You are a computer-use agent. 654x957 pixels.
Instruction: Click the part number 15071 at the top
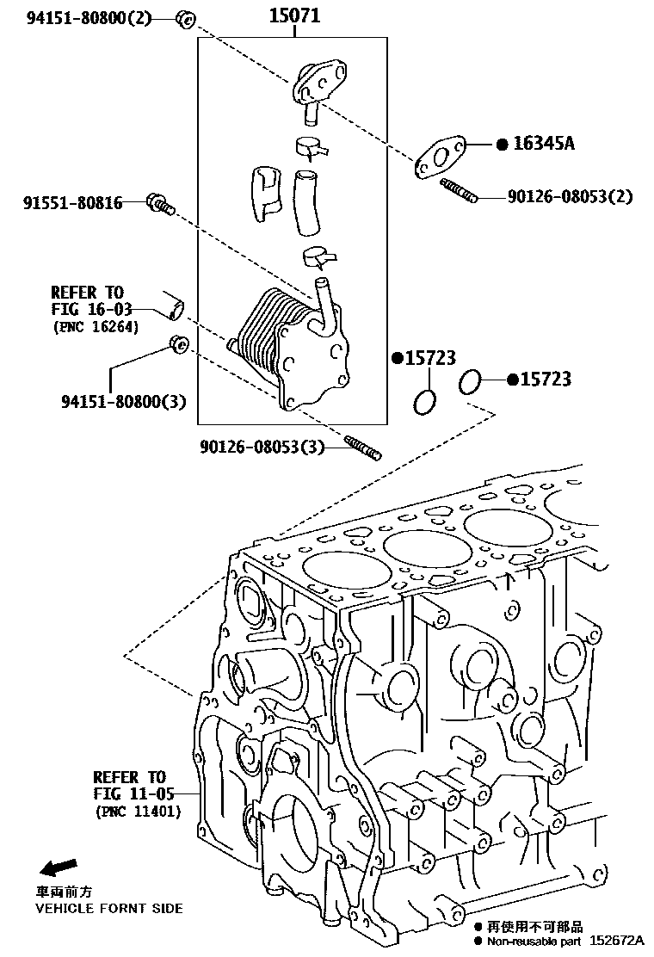[294, 15]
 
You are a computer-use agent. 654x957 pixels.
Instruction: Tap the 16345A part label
[544, 144]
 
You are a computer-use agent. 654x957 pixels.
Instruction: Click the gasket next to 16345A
[441, 159]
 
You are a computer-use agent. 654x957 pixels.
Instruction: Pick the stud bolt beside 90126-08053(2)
[458, 188]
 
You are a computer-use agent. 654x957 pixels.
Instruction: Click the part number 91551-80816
[72, 203]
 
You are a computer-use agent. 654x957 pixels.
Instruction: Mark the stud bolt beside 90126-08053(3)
[362, 448]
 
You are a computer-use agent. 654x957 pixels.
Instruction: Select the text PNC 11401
[138, 812]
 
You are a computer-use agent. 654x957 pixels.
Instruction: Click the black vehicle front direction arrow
[58, 866]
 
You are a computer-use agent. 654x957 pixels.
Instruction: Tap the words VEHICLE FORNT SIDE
[108, 908]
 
